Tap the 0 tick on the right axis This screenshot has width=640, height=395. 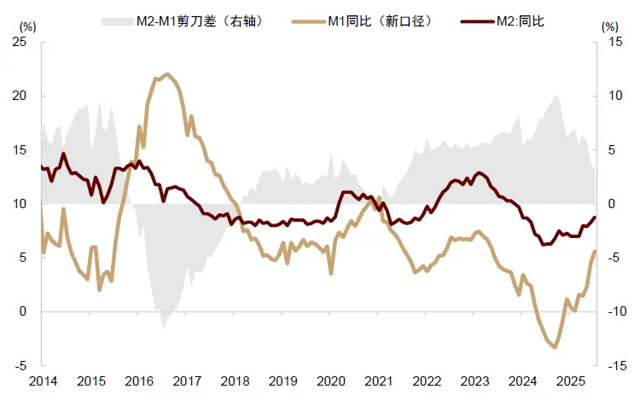click(x=612, y=204)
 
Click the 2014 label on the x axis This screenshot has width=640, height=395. click(x=42, y=380)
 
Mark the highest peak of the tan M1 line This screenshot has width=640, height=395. click(x=167, y=74)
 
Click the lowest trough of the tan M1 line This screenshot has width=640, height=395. click(x=554, y=347)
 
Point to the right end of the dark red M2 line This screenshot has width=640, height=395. click(x=596, y=217)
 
